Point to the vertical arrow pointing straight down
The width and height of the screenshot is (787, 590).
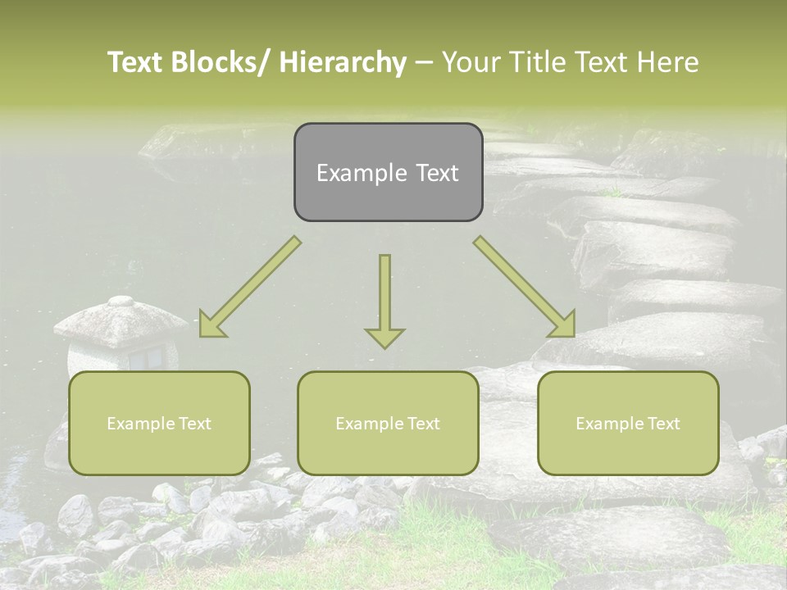(x=384, y=295)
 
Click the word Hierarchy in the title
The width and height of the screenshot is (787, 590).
(x=343, y=62)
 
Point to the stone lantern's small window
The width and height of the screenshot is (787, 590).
(x=148, y=357)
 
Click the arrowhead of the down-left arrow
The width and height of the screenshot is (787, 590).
(x=212, y=326)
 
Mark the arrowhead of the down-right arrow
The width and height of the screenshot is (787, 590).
(x=563, y=324)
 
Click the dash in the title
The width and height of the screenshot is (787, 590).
(x=424, y=62)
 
